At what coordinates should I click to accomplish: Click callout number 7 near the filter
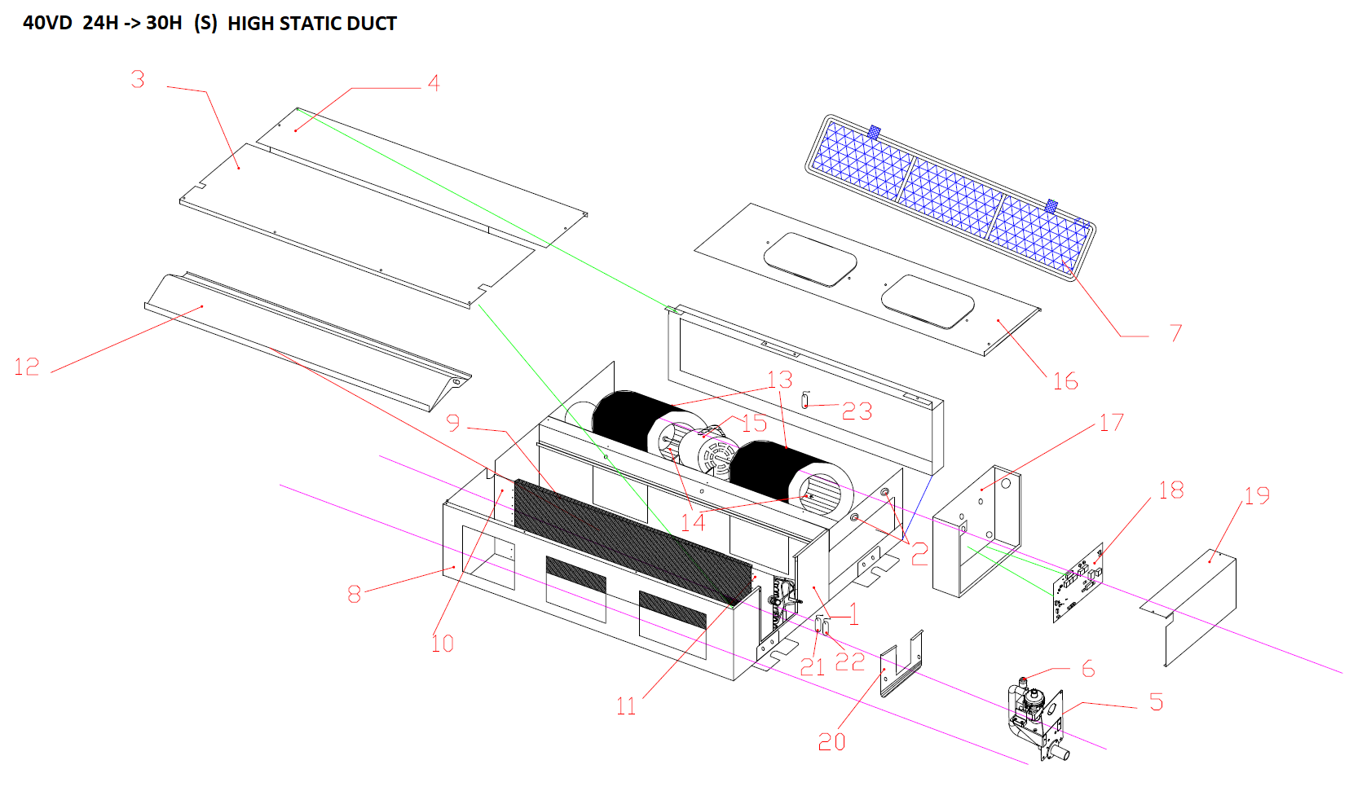point(1175,332)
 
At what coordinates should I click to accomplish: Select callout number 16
point(1065,381)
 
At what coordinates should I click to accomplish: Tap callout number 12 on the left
point(27,367)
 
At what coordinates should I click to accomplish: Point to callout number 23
point(857,411)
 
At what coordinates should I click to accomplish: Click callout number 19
point(1256,495)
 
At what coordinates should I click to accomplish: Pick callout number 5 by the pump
point(1156,702)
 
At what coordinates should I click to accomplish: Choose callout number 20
point(831,741)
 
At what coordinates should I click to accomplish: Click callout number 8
point(354,594)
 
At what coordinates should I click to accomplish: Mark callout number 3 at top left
point(138,80)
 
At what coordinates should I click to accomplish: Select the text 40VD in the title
point(47,24)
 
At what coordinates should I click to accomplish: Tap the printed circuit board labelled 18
point(1078,583)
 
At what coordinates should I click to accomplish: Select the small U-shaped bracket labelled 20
point(901,664)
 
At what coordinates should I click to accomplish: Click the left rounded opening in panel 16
point(809,259)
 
